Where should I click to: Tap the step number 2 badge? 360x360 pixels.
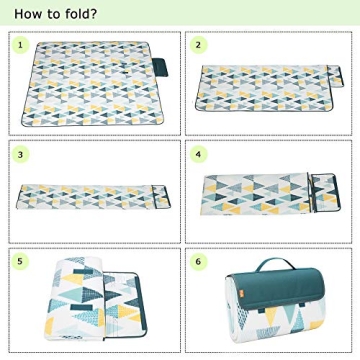click(199, 45)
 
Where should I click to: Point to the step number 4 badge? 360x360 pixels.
click(199, 155)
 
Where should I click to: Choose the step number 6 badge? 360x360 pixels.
click(199, 260)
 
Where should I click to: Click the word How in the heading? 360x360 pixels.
click(29, 14)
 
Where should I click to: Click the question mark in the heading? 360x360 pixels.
click(94, 14)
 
